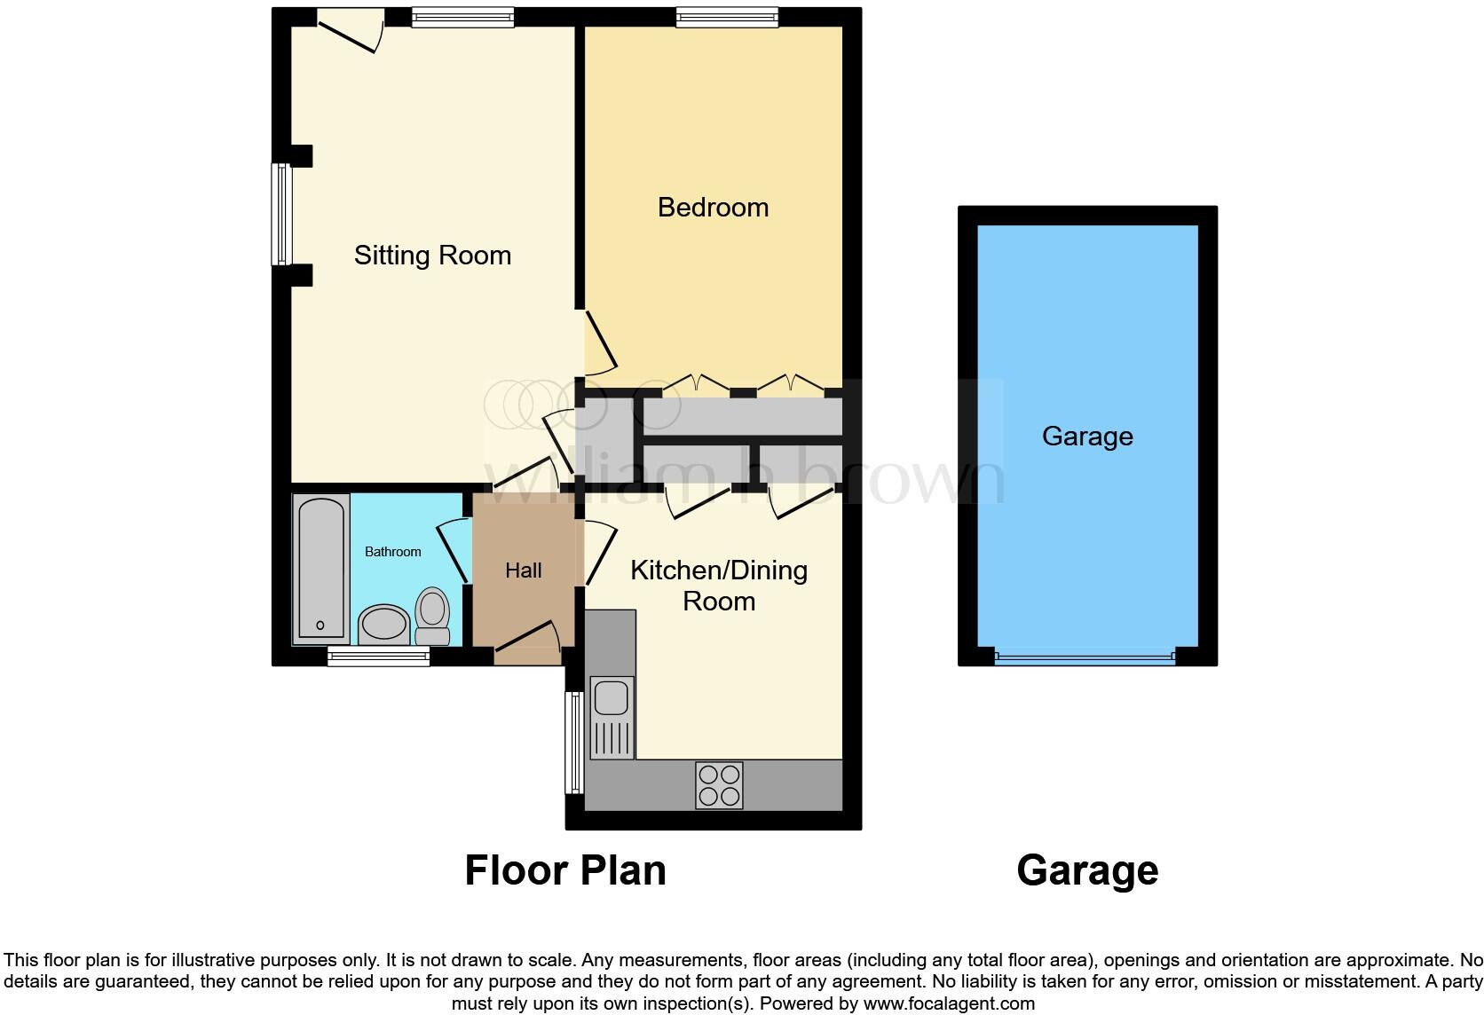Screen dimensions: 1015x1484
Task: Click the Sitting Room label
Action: pos(432,256)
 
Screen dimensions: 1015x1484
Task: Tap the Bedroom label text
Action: pos(713,208)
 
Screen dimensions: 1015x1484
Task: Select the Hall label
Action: pos(523,570)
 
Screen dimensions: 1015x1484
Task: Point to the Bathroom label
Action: pos(392,552)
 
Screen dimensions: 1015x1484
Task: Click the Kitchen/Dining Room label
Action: pos(719,585)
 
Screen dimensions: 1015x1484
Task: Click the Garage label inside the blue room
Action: pos(1086,437)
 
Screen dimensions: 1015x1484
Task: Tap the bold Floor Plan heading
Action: pos(565,870)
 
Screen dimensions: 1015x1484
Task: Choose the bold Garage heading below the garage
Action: pos(1086,870)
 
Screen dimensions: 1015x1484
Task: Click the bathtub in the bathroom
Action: pos(320,568)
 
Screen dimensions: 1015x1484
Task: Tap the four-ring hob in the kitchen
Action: pos(719,785)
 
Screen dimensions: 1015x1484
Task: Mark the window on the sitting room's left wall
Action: pos(281,214)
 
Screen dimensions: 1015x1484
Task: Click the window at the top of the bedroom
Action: pos(726,16)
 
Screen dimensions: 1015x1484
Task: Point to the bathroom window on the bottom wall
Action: pos(378,657)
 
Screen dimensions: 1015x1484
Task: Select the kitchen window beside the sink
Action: pos(574,743)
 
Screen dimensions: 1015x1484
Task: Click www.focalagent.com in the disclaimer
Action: pos(949,1004)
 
